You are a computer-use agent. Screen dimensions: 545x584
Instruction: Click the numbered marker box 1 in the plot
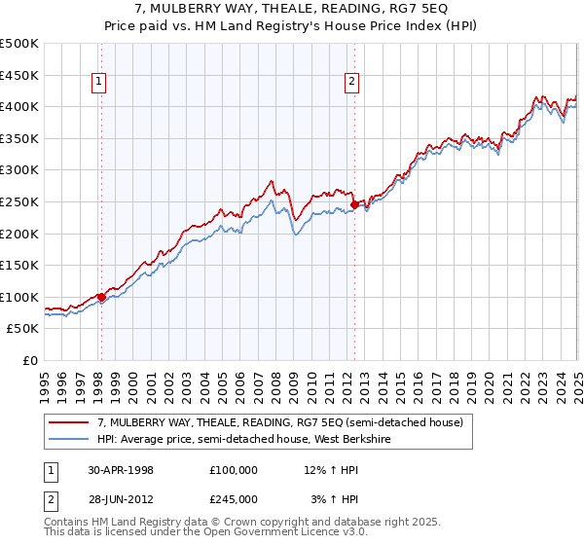pyautogui.click(x=100, y=83)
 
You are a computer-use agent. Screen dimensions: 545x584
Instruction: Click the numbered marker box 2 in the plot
pyautogui.click(x=350, y=83)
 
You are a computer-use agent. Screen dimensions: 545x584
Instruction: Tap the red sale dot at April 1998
pyautogui.click(x=101, y=298)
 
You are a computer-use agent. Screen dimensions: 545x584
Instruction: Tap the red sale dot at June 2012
pyautogui.click(x=354, y=204)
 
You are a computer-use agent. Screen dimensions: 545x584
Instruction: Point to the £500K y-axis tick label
pyautogui.click(x=19, y=44)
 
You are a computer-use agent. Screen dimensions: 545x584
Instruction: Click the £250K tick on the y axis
pyautogui.click(x=19, y=201)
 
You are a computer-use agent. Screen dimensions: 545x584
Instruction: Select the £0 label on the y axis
pyautogui.click(x=32, y=361)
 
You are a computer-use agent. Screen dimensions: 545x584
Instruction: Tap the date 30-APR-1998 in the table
pyautogui.click(x=121, y=470)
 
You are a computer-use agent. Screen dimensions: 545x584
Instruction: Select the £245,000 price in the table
pyautogui.click(x=233, y=499)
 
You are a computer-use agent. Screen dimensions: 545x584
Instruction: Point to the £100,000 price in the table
pyautogui.click(x=233, y=470)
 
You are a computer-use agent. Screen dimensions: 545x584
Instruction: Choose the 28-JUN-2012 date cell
pyautogui.click(x=121, y=499)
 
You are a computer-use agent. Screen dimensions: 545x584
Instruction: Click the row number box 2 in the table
pyautogui.click(x=49, y=499)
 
